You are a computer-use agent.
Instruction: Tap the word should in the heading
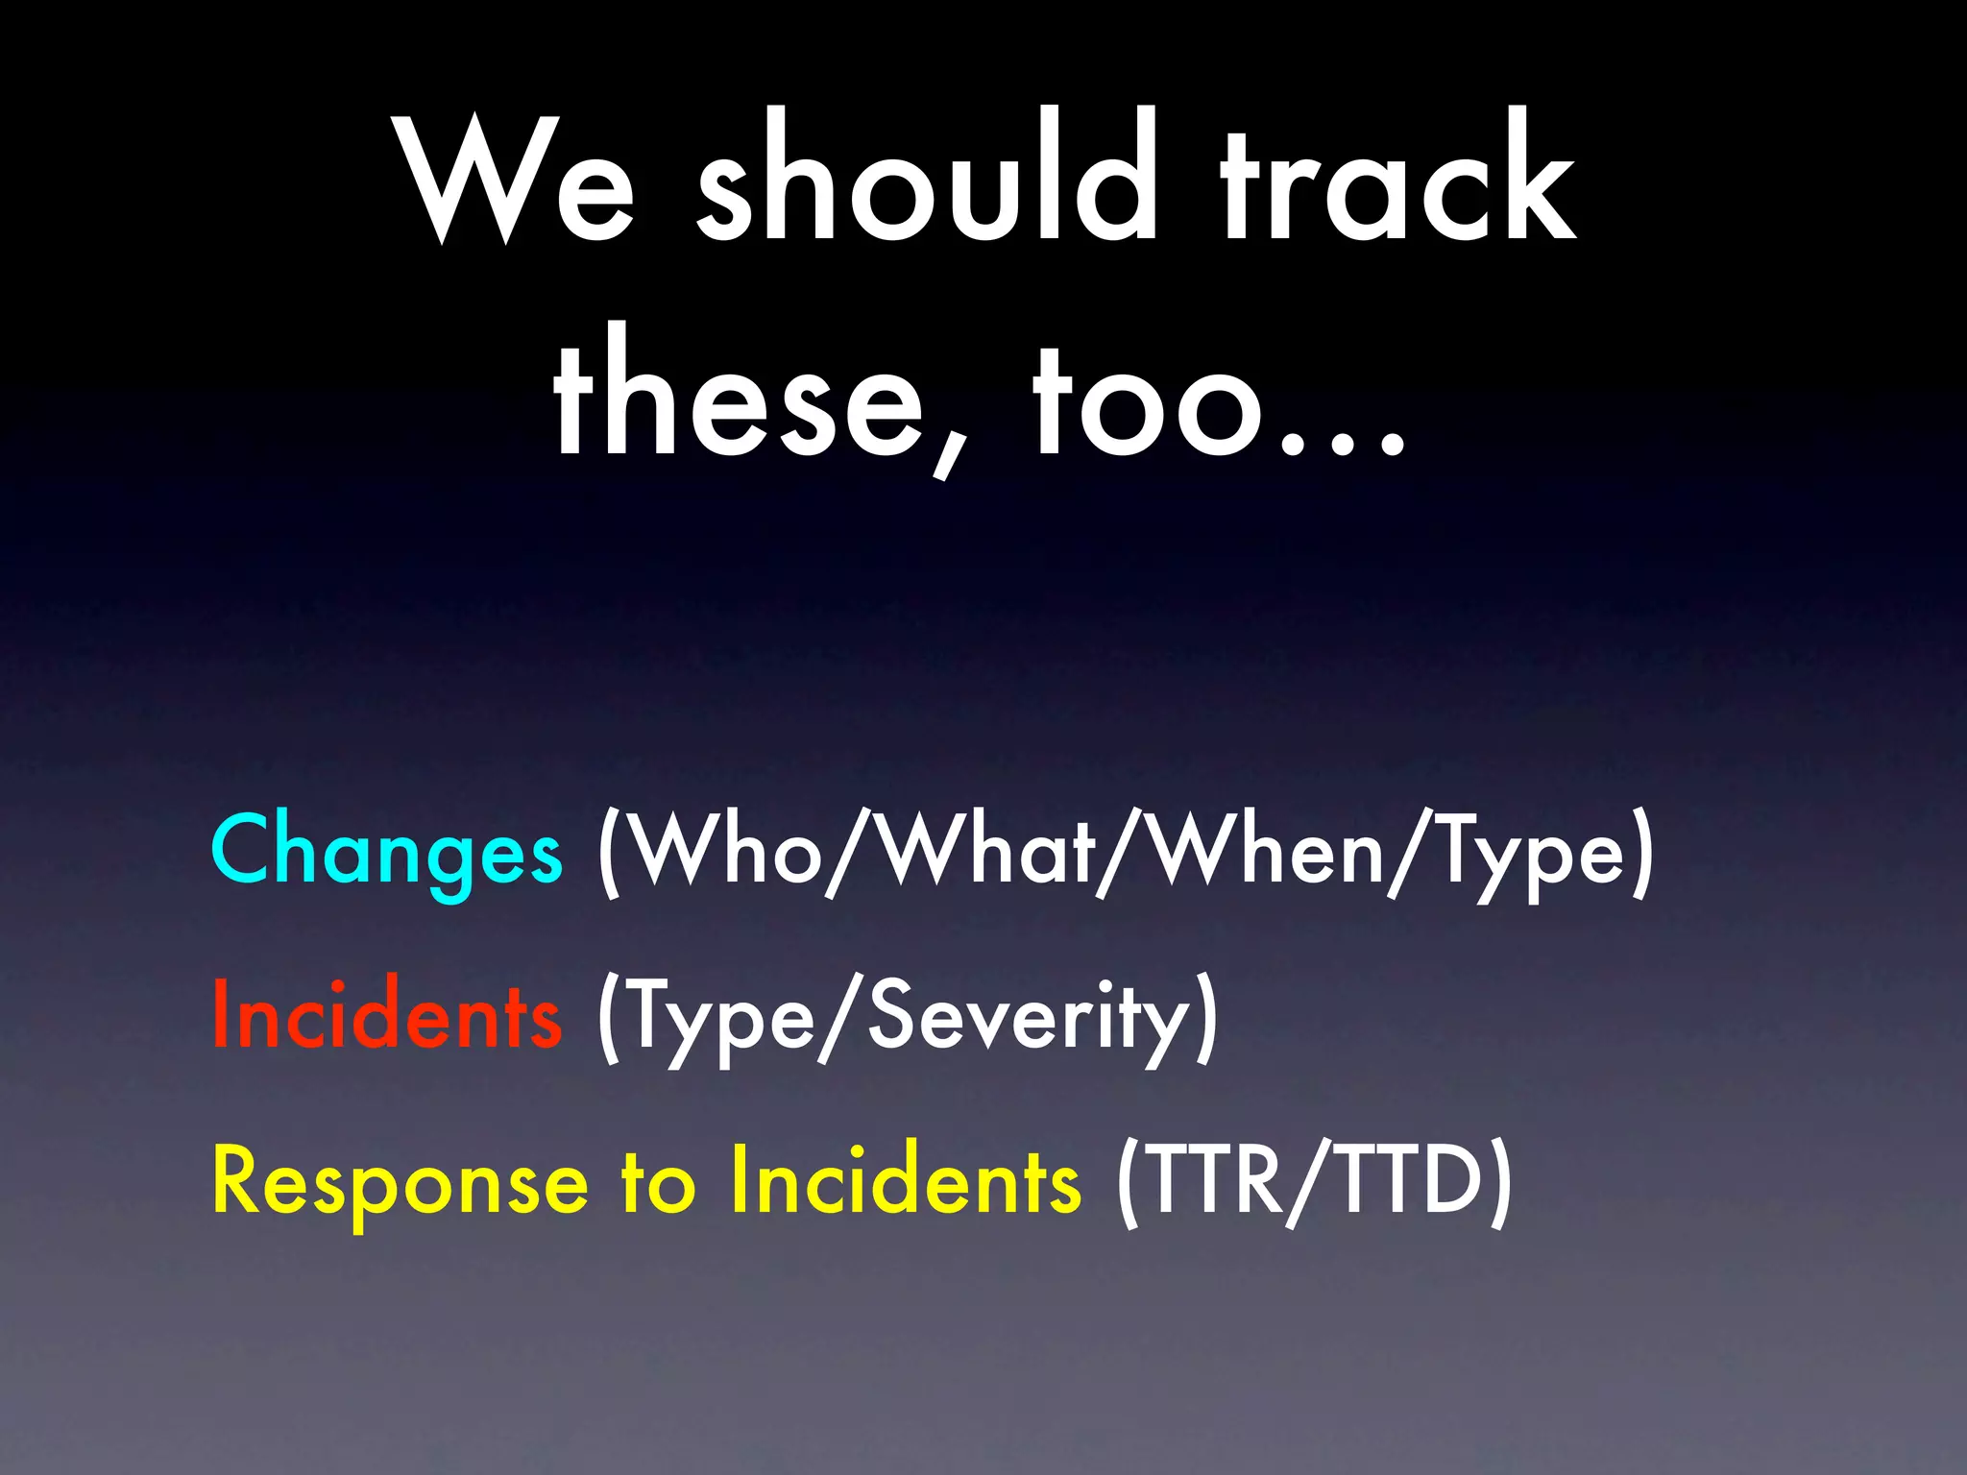coord(927,179)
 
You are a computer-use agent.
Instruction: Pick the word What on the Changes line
coord(989,851)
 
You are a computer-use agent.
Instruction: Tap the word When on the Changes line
coord(1268,851)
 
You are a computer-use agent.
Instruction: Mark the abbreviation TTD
coord(1412,1180)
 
